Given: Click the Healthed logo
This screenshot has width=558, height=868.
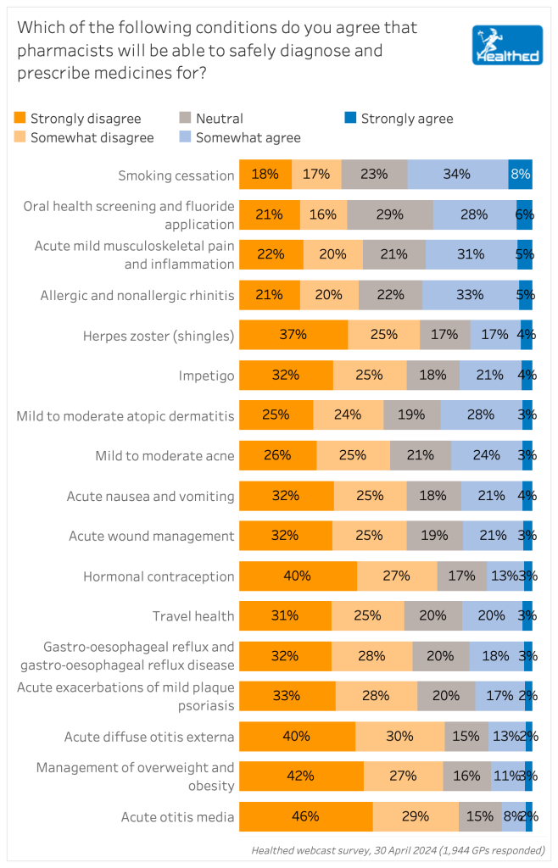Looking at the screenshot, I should tap(507, 46).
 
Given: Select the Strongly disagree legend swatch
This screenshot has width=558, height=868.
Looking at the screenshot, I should tap(22, 119).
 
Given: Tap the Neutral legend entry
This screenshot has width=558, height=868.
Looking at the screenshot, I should tap(211, 119).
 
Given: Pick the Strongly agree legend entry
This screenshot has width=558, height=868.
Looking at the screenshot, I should tap(399, 119).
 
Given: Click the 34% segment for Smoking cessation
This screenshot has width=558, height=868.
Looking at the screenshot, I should tap(457, 175).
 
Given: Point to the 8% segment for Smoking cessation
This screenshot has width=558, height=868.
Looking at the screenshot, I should tap(520, 175).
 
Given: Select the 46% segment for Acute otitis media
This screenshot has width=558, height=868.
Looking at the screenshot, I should tap(305, 816).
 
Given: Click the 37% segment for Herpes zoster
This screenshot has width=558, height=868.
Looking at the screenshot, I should tap(293, 335).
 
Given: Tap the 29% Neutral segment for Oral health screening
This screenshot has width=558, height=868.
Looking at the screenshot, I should tap(389, 214).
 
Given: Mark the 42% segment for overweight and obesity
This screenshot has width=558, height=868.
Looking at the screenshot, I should tap(301, 776).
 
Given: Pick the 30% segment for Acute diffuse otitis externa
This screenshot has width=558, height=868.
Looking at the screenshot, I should tap(399, 737).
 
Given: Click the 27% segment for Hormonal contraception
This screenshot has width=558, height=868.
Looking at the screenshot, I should tap(396, 576).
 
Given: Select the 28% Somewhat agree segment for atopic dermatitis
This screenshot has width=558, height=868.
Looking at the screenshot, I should tap(481, 415).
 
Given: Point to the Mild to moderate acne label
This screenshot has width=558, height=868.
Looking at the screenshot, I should tap(165, 456).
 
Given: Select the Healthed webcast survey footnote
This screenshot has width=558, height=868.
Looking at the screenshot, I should tap(398, 850).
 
